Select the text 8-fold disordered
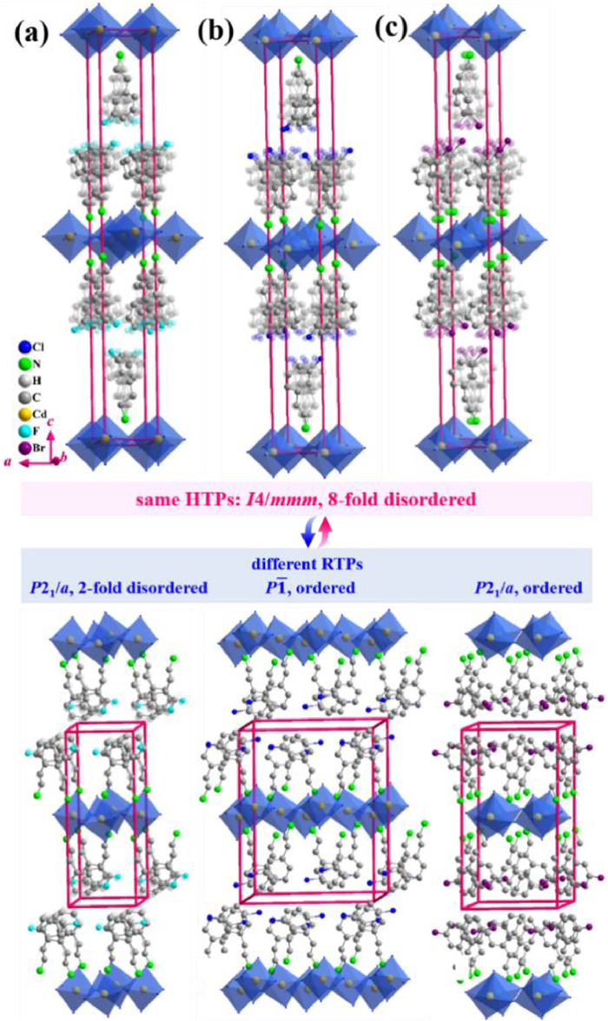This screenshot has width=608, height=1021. [409, 501]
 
